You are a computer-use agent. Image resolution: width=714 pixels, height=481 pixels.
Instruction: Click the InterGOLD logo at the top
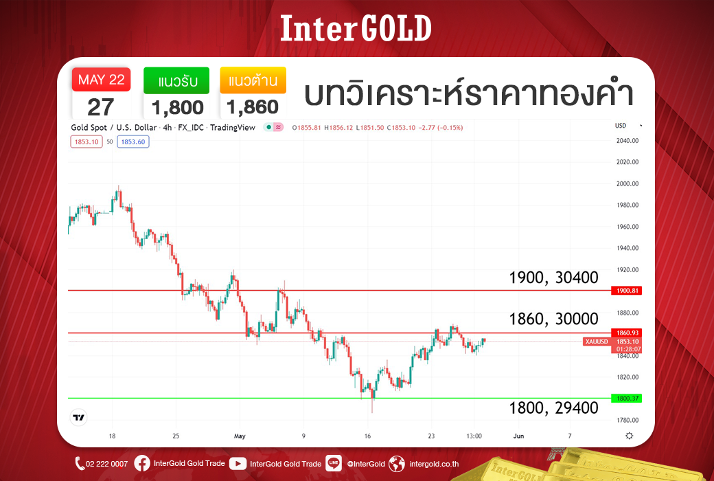click(x=356, y=28)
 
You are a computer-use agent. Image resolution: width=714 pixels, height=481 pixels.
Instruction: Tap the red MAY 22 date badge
click(x=101, y=80)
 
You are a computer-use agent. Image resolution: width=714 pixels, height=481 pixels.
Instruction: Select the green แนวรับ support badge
click(x=176, y=80)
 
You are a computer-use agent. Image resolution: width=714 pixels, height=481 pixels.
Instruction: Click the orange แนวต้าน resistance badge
click(x=253, y=80)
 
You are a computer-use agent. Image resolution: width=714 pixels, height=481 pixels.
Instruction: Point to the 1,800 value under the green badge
click(x=178, y=108)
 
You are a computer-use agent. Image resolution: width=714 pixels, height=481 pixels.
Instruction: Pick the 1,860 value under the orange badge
click(x=253, y=107)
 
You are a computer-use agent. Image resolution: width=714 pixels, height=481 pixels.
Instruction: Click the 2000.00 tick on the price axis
click(x=627, y=183)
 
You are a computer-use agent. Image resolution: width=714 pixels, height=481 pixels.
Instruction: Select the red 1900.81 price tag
click(x=627, y=291)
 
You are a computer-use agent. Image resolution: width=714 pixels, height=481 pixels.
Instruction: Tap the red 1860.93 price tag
click(x=627, y=333)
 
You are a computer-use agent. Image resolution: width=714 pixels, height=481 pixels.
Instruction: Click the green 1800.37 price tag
click(x=627, y=399)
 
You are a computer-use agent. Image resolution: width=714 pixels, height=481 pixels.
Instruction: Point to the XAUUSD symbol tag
click(x=597, y=342)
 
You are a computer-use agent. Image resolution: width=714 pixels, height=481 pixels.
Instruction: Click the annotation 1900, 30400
click(x=553, y=277)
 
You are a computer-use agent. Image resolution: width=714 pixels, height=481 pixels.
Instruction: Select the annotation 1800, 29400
click(x=553, y=407)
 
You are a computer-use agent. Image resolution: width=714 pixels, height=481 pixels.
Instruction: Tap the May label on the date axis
click(x=240, y=436)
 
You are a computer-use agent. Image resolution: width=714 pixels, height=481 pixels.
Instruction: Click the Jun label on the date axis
click(x=518, y=436)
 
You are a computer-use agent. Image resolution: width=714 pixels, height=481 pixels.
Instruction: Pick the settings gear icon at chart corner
click(x=630, y=436)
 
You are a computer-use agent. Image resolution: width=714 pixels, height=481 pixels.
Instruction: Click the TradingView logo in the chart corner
click(x=79, y=417)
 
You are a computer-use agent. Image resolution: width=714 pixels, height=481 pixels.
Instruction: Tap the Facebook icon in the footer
click(x=142, y=464)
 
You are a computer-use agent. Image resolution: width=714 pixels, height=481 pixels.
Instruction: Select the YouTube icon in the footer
click(x=238, y=464)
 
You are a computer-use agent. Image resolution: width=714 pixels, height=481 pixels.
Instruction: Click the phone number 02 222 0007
click(x=106, y=464)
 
